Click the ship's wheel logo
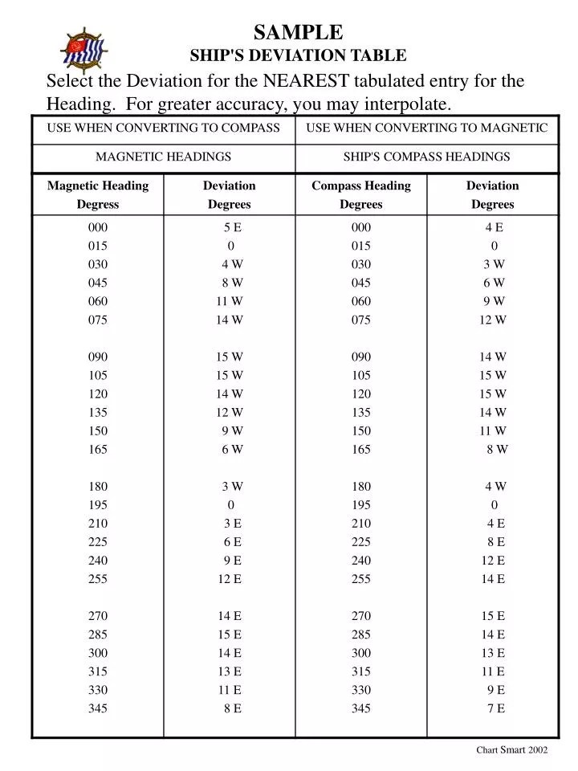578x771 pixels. (x=83, y=49)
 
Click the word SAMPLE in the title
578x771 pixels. (x=298, y=32)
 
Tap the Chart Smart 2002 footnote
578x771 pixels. (x=511, y=749)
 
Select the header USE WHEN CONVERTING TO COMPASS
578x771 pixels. (x=164, y=128)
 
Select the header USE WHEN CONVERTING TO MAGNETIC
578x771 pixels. (x=427, y=128)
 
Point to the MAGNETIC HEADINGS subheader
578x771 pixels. (x=164, y=157)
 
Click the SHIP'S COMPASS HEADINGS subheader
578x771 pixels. (x=427, y=157)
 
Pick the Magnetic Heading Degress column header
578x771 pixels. (x=98, y=195)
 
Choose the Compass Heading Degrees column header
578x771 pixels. (x=361, y=195)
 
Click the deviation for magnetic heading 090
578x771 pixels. (x=230, y=357)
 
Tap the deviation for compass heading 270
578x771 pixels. (x=493, y=616)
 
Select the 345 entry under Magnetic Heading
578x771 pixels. (x=98, y=708)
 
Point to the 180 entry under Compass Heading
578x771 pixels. (x=361, y=486)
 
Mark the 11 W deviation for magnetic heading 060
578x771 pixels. (x=230, y=301)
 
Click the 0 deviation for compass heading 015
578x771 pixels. (x=494, y=246)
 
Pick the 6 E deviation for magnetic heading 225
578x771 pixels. (x=232, y=542)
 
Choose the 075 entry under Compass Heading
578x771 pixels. (x=361, y=320)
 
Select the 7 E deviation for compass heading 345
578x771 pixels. (x=495, y=708)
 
